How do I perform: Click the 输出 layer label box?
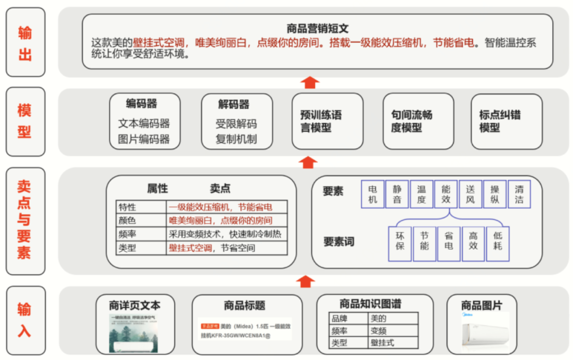point(25,42)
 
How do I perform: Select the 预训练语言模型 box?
point(327,121)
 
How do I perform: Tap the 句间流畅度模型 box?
point(419,121)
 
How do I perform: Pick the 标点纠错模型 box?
point(507,121)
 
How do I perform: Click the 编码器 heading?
point(142,103)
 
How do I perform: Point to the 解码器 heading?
point(233,104)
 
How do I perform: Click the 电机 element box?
point(372,194)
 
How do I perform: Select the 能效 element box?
point(446,194)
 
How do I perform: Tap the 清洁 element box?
point(519,194)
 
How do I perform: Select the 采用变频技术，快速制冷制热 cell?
point(227,234)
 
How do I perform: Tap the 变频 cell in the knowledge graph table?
point(393,331)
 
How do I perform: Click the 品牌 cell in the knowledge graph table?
point(348,319)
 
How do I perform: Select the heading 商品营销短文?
point(317,29)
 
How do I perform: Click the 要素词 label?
point(338,242)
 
